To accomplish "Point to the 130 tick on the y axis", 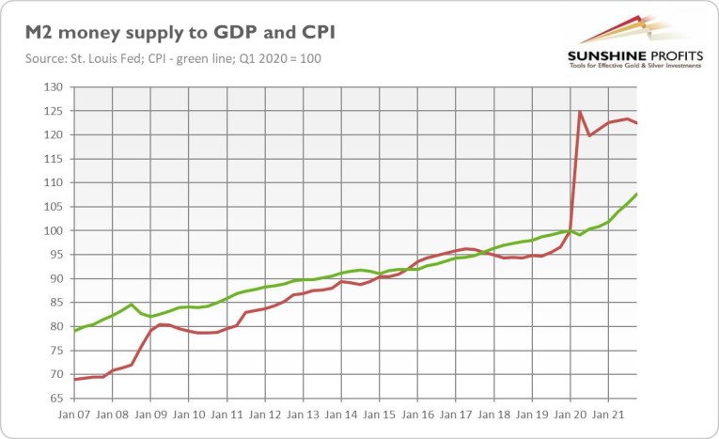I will pos(52,86).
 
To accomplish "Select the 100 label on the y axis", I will pos(52,230).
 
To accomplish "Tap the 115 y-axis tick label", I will pos(52,159).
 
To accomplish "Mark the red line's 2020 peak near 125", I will pos(580,112).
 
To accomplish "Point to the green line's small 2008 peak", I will pos(132,305).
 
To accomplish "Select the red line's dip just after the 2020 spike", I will pos(589,136).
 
